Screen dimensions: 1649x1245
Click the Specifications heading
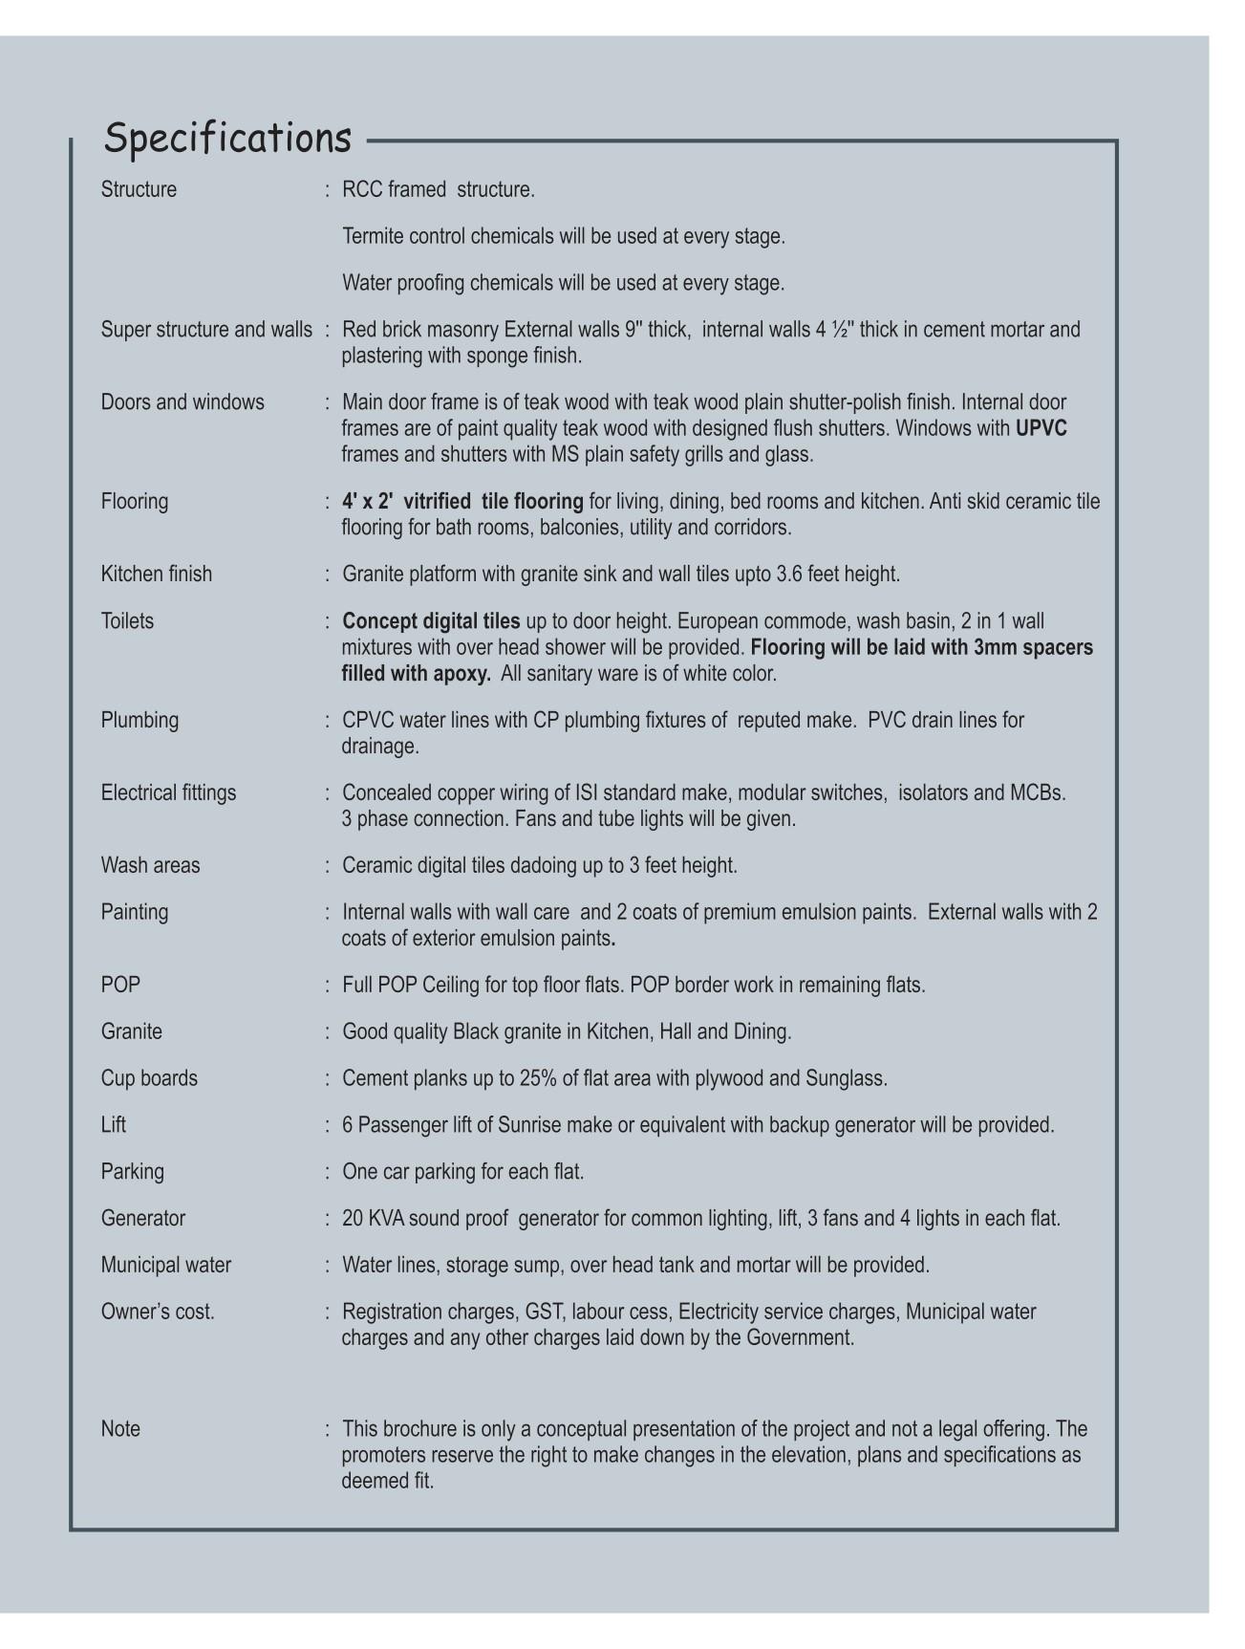tap(227, 139)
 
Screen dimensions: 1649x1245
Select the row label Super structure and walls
tap(206, 330)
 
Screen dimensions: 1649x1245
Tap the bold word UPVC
tap(1041, 428)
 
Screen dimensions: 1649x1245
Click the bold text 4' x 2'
tap(368, 502)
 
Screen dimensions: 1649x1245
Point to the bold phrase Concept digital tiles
tap(431, 621)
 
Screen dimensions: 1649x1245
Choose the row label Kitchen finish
tap(157, 575)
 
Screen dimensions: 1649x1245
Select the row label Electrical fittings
tap(168, 793)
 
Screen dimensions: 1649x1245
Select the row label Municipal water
tap(166, 1266)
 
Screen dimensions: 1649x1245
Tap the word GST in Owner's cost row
tap(546, 1313)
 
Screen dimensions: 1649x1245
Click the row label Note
tap(120, 1430)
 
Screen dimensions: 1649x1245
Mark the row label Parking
tap(133, 1172)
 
